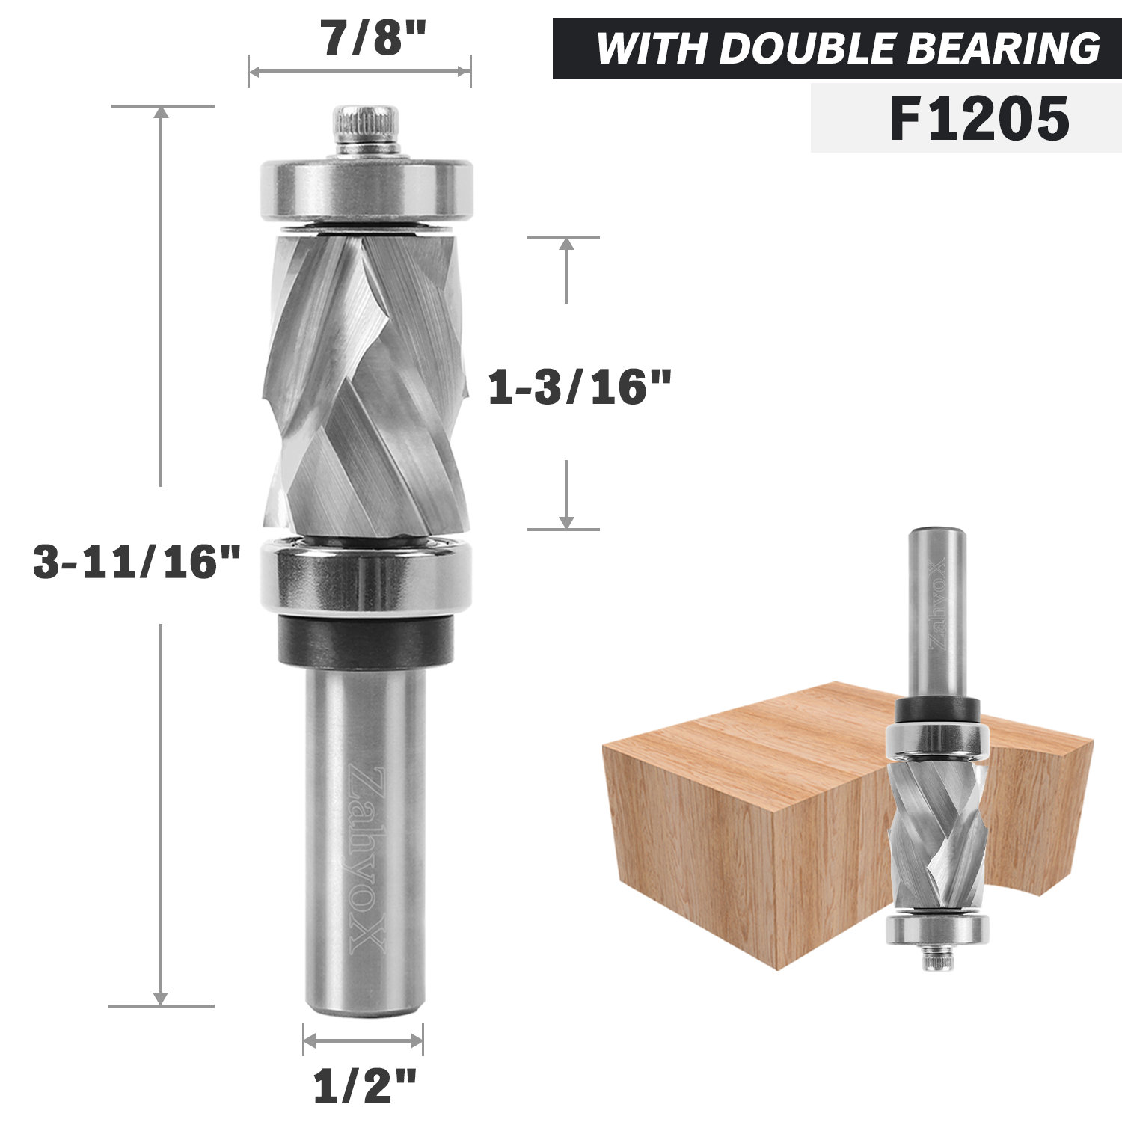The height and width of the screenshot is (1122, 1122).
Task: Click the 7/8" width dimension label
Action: pyautogui.click(x=373, y=38)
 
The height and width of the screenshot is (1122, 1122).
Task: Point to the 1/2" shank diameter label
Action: pyautogui.click(x=364, y=1086)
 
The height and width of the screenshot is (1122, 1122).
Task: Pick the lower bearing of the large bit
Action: pyautogui.click(x=367, y=576)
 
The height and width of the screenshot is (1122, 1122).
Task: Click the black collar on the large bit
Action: pyautogui.click(x=367, y=640)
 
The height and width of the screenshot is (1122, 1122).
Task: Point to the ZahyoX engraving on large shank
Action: pyautogui.click(x=367, y=860)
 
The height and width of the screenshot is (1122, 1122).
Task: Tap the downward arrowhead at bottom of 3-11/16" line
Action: pyautogui.click(x=161, y=999)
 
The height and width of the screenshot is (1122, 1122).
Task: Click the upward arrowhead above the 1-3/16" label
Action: pyautogui.click(x=566, y=245)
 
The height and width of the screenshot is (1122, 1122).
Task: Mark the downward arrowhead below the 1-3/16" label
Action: pyautogui.click(x=566, y=521)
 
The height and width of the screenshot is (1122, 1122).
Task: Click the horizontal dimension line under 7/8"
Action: pyautogui.click(x=359, y=72)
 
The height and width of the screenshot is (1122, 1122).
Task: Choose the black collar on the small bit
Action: pyautogui.click(x=938, y=708)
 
